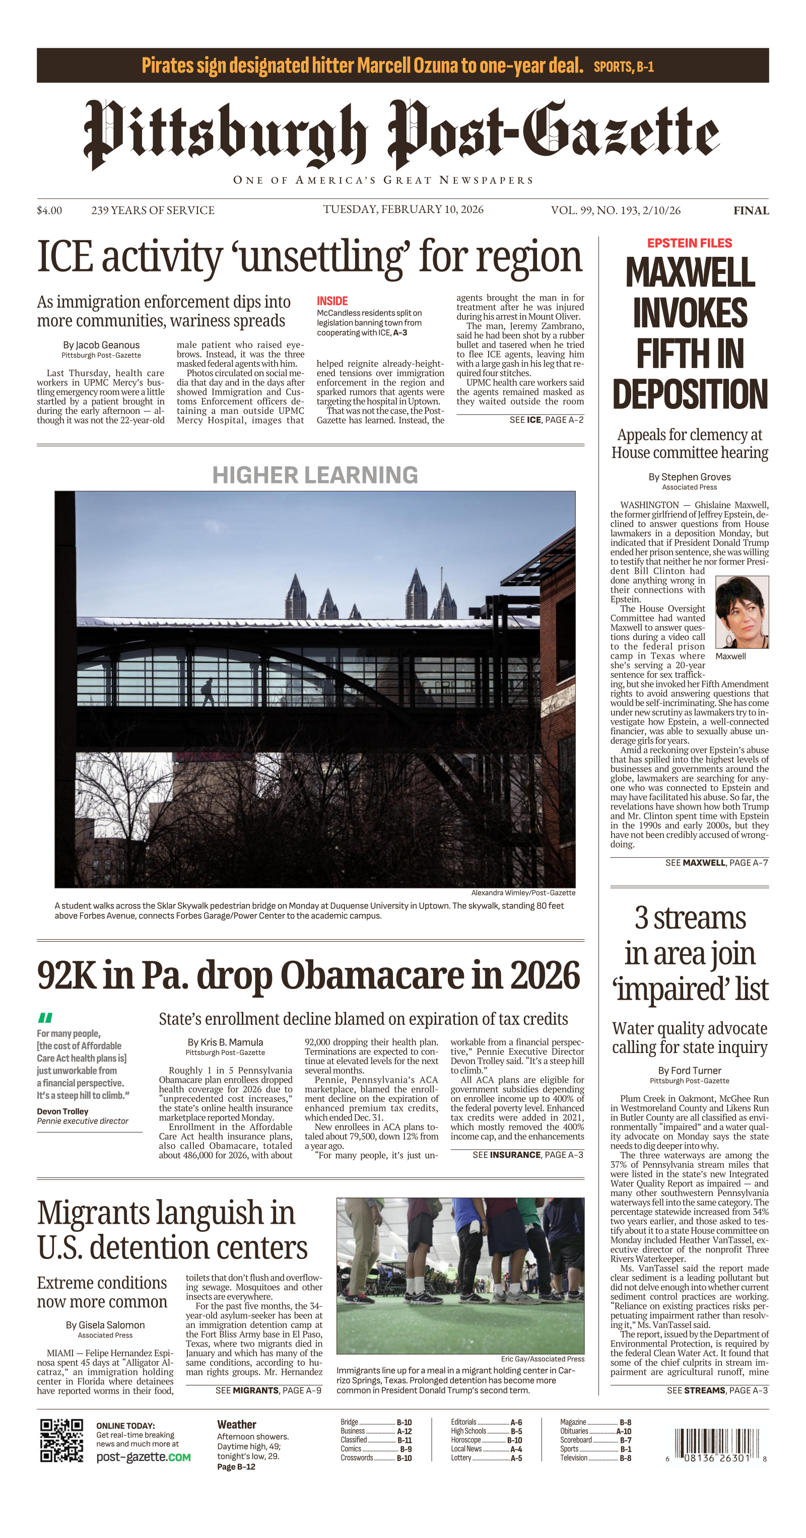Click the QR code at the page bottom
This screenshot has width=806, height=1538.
coord(61,1440)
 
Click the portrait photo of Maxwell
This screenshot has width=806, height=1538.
coord(742,612)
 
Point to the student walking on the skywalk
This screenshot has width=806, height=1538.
coord(208,692)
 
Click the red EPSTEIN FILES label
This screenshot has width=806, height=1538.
coord(690,243)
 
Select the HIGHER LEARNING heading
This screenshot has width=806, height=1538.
coord(315,475)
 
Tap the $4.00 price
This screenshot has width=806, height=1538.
coord(49,210)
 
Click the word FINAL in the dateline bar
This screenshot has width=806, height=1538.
coord(751,210)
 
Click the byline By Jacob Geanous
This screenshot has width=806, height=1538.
coord(101,345)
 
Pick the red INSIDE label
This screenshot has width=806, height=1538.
coord(332,301)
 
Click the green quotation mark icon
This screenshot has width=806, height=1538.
coord(45,1017)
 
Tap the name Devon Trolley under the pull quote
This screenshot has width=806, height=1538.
coord(62,1111)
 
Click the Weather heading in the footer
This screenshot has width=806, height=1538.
coord(236,1425)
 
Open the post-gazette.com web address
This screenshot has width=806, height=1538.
coord(143,1457)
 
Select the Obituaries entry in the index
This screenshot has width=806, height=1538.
coord(574,1431)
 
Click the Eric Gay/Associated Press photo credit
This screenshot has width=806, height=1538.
coord(542,1359)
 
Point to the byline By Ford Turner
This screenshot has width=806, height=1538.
coord(690,1071)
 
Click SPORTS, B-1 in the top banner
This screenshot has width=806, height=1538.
coord(623,67)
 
